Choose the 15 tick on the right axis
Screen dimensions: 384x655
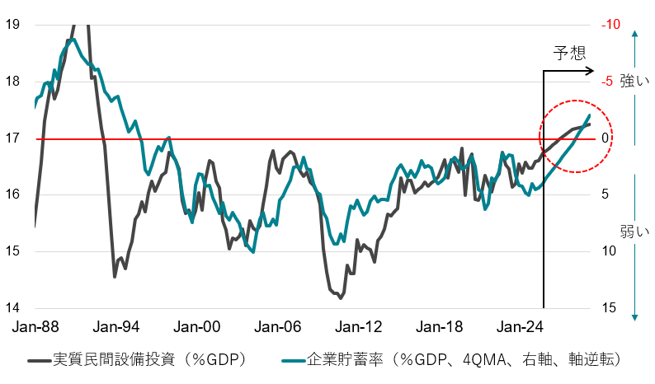607,308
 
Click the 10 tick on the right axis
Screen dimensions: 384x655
607,251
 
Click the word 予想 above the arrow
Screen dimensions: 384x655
569,54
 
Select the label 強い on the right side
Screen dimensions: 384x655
634,81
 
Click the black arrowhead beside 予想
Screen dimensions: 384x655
589,72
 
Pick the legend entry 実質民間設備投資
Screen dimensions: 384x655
148,360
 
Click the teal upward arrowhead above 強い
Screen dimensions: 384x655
634,35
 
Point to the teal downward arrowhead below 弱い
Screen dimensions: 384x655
634,316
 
